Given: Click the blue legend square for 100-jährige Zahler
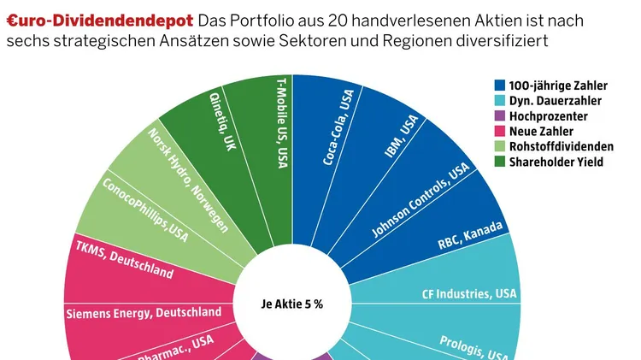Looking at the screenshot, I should (x=500, y=86).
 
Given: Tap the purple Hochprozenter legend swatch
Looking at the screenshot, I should (x=500, y=116).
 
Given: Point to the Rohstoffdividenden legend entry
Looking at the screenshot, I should (x=561, y=146).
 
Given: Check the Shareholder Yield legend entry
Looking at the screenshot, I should (x=556, y=162).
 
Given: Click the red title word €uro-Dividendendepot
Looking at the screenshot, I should (x=98, y=19).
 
